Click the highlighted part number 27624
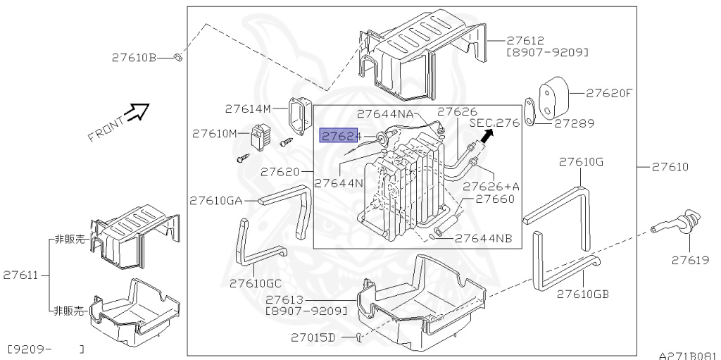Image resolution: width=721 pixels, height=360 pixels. click(x=340, y=135)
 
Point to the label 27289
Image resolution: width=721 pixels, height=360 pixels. click(x=573, y=123)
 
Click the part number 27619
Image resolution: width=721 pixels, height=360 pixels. click(x=689, y=261)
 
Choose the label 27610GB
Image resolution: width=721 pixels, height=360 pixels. click(x=582, y=293)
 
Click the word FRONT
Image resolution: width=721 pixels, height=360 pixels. click(x=106, y=129)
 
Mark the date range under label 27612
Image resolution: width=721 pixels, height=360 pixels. click(x=547, y=53)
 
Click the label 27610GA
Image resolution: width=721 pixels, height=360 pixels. click(x=215, y=201)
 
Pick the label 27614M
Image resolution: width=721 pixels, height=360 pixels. click(x=247, y=108)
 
